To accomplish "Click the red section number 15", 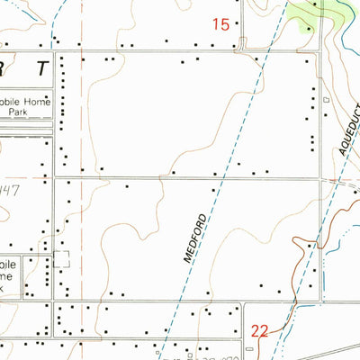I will (220, 25).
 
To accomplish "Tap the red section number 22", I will (259, 330).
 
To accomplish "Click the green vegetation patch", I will (320, 11).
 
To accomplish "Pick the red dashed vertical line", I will (82, 117).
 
